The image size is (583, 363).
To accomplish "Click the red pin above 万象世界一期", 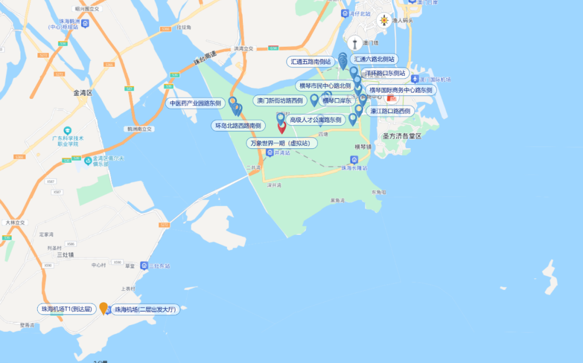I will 282,127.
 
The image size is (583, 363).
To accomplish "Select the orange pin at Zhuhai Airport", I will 104,307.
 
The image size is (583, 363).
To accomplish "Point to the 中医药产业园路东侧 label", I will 195,103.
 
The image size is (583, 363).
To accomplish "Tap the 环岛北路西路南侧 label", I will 238,126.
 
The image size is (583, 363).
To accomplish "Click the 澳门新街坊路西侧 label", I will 280,100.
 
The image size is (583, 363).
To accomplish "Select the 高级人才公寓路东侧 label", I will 316,120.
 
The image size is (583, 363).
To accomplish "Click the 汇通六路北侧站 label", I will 374,59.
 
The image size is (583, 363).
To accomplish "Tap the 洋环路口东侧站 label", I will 385,73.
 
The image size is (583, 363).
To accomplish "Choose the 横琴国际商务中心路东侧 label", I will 401,90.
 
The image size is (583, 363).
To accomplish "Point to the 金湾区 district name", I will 83,93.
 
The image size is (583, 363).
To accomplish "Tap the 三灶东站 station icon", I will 144,266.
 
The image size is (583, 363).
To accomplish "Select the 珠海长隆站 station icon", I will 354,160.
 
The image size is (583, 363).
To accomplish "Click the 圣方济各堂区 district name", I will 402,136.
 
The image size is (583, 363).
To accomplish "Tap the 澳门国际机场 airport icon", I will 415,80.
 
